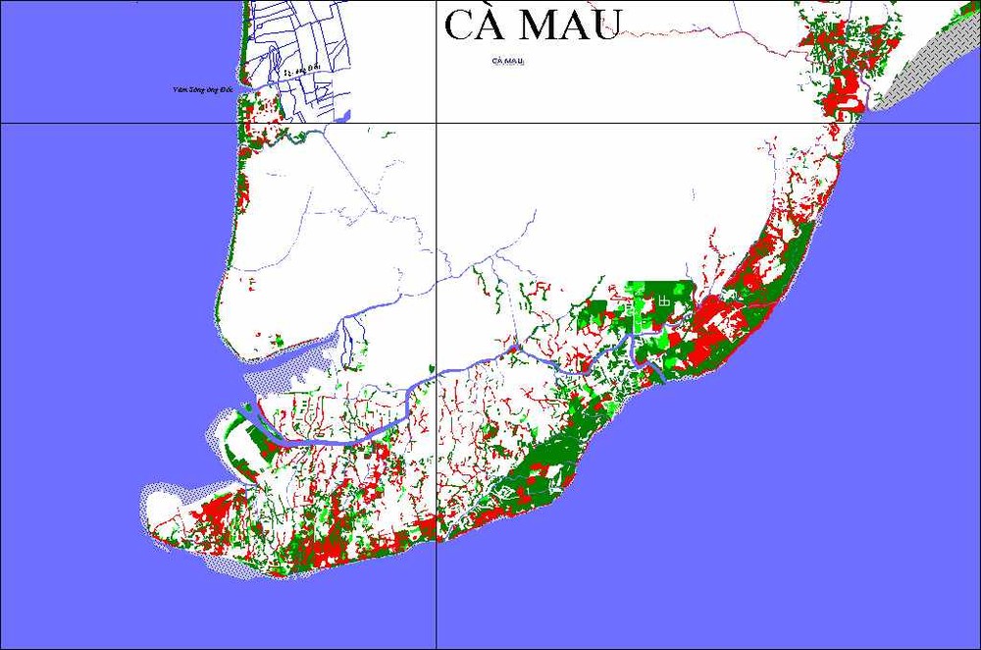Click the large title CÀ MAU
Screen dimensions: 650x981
[x=531, y=26]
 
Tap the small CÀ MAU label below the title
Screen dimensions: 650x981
[x=508, y=61]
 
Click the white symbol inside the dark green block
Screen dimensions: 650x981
[x=665, y=301]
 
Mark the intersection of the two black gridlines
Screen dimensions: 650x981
[x=437, y=124]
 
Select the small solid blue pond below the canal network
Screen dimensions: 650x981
[x=342, y=116]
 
